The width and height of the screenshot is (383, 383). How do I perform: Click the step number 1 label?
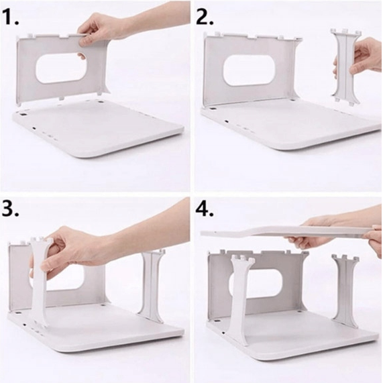[x=11, y=17]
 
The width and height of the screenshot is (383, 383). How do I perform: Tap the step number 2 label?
[x=205, y=17]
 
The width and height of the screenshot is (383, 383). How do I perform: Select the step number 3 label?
[x=11, y=209]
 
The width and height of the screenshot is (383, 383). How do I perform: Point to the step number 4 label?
[x=205, y=209]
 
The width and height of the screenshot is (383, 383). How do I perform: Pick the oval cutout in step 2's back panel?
[x=249, y=70]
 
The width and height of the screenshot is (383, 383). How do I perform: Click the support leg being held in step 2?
[x=346, y=67]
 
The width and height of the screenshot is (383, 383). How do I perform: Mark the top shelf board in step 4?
[x=290, y=231]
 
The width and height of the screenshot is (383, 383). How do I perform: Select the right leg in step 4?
[x=346, y=290]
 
